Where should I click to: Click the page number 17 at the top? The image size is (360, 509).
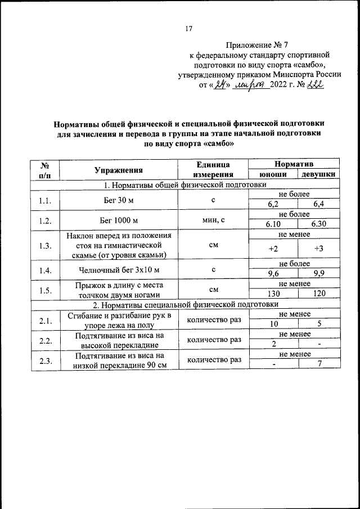coord(189,30)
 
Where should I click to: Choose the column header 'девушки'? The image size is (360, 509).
coord(319,174)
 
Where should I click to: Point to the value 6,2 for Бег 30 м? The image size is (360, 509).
coord(273,204)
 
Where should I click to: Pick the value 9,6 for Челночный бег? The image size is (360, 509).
coord(273,274)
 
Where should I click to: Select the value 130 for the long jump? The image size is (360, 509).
coord(273,294)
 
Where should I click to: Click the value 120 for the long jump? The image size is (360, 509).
coord(319,294)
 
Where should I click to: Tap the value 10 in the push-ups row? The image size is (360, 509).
coord(273,325)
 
